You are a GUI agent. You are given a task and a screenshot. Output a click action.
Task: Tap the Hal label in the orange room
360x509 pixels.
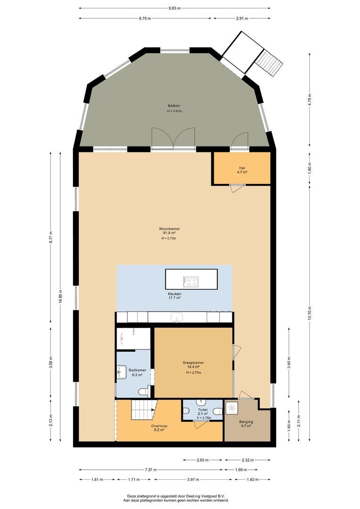(x=242, y=168)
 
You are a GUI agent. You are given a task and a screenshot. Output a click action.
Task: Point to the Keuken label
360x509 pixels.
(x=174, y=293)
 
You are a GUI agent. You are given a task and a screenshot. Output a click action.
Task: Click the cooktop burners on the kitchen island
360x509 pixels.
(x=192, y=282)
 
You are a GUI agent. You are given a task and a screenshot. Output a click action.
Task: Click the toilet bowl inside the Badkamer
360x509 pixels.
(x=143, y=391)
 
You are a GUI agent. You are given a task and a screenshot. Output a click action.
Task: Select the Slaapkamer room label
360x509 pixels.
(x=193, y=363)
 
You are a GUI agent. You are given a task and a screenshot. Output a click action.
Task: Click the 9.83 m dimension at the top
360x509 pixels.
(x=175, y=8)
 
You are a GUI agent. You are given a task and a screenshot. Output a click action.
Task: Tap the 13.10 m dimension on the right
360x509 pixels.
(x=310, y=312)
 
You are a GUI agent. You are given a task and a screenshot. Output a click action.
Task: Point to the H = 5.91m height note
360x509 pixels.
(x=174, y=111)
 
